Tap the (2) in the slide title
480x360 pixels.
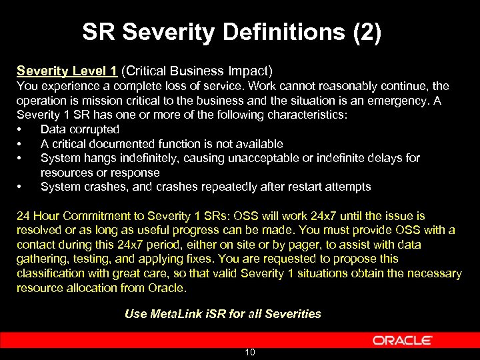368,32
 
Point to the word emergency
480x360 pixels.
400,101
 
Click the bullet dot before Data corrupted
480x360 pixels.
20,129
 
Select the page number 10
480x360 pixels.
249,352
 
